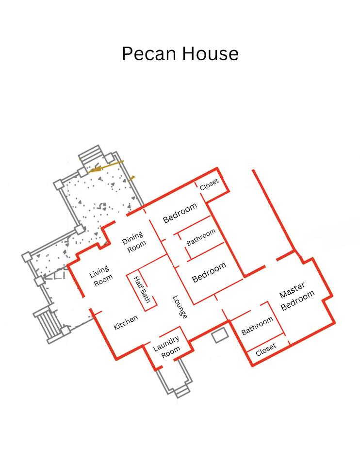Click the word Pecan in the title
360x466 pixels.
click(x=148, y=54)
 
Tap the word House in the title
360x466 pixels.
click(x=210, y=54)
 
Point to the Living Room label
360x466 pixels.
click(x=101, y=276)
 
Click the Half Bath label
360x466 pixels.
click(x=142, y=289)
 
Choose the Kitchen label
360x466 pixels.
click(x=126, y=322)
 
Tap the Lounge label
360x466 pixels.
click(x=180, y=307)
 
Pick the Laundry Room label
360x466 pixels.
click(x=166, y=347)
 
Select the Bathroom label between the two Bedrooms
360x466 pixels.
click(x=201, y=237)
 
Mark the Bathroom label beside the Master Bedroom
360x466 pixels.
click(x=257, y=326)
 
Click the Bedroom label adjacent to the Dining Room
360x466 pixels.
click(x=180, y=213)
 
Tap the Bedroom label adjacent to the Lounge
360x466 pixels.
click(x=209, y=272)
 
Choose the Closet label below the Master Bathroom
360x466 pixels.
click(x=266, y=349)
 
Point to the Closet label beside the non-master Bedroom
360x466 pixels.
click(x=209, y=184)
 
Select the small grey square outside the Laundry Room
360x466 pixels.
click(x=220, y=335)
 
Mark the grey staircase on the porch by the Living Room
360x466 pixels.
click(x=48, y=324)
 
